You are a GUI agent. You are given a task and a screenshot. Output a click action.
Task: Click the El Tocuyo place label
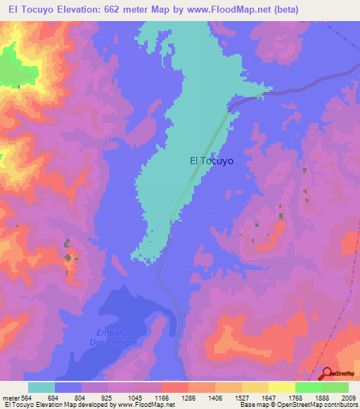[212, 160]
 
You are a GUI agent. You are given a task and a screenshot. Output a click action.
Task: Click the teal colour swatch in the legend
[41, 387]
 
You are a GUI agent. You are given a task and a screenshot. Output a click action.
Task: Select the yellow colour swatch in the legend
[281, 387]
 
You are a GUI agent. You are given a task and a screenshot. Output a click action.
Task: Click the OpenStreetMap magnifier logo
[327, 374]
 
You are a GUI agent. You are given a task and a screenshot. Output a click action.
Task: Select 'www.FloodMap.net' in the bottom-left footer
[146, 405]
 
